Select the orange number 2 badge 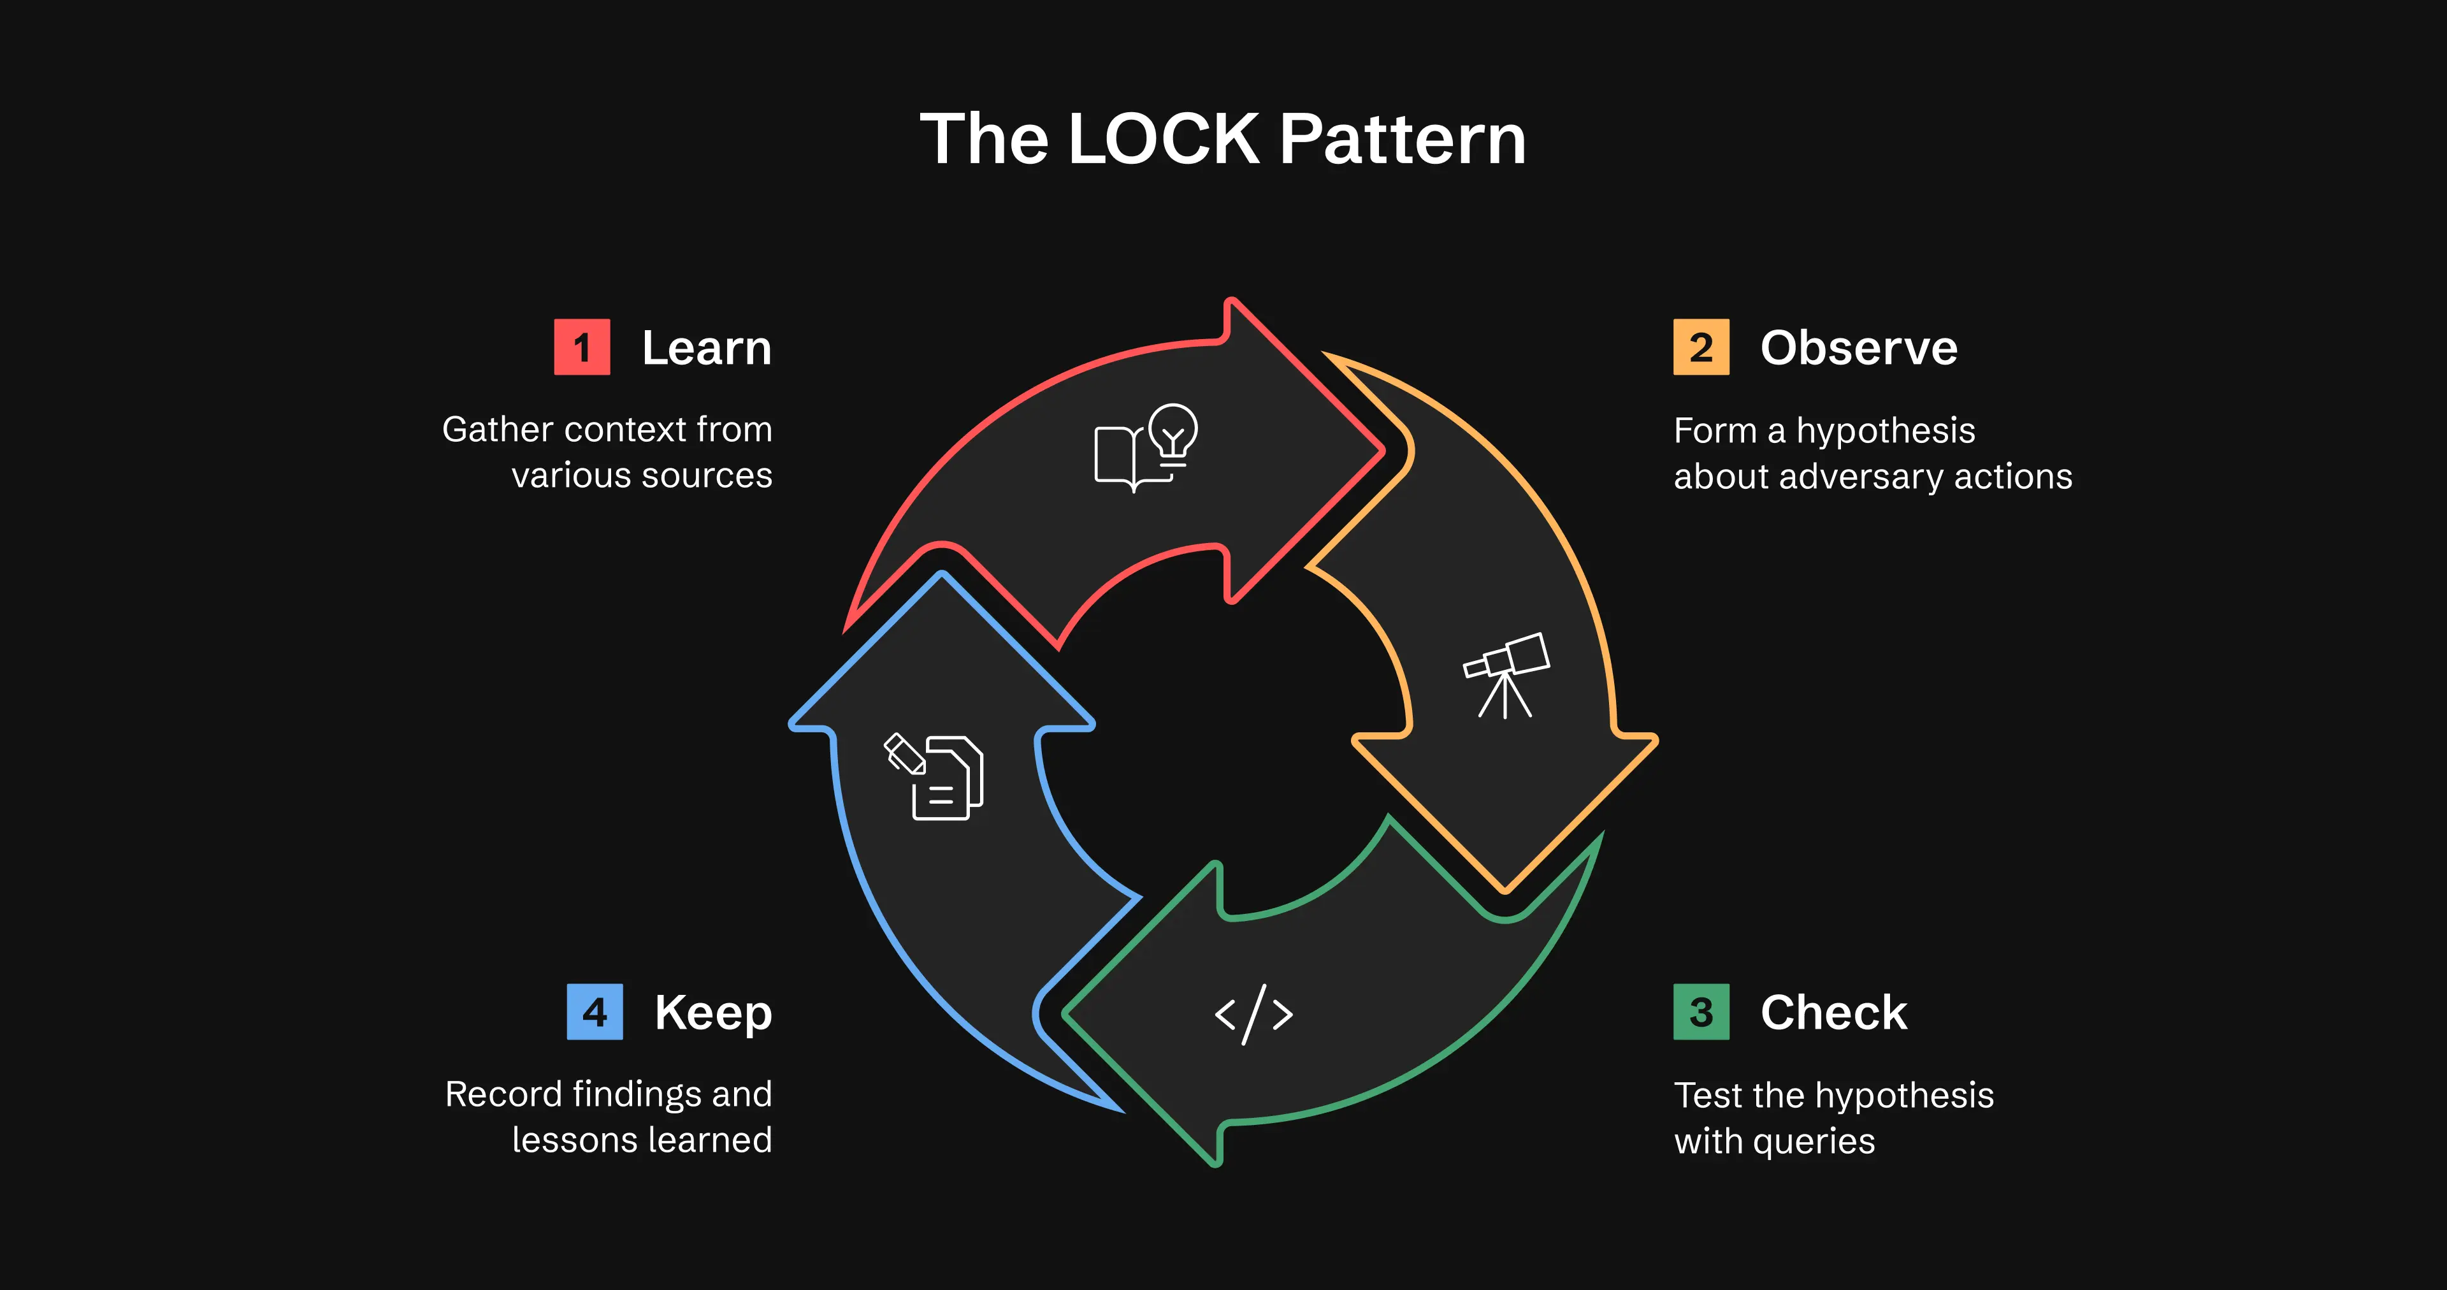click(x=1700, y=347)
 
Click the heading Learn click(x=706, y=347)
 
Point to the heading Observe click(x=1858, y=347)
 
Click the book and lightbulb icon click(x=1146, y=447)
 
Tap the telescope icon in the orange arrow click(x=1506, y=674)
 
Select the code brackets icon click(x=1254, y=1015)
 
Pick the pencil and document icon click(x=935, y=776)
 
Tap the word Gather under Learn click(x=497, y=430)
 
